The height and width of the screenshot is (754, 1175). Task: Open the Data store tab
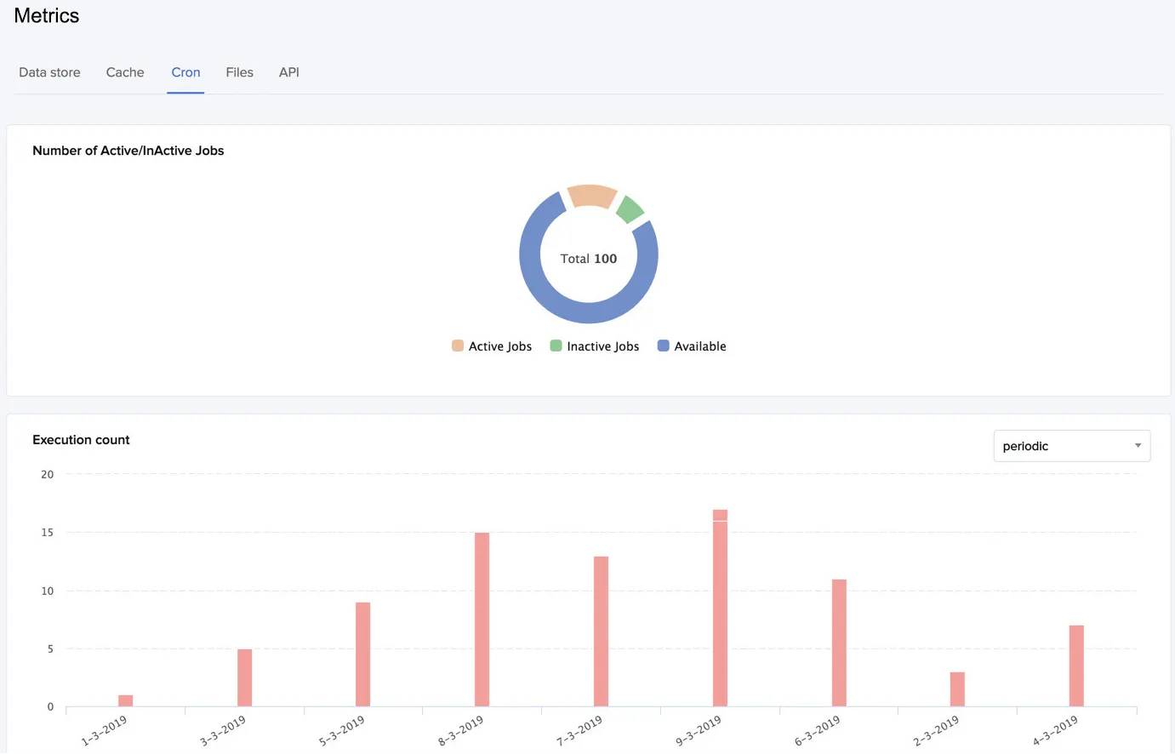pos(49,72)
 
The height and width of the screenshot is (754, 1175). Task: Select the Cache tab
pos(125,72)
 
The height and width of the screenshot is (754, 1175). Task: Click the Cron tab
pos(185,72)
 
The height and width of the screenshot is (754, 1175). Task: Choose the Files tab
pos(240,72)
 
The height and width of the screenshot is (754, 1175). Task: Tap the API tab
pos(289,72)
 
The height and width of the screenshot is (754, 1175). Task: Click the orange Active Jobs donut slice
pos(591,195)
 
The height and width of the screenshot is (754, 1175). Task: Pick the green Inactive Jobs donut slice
pos(630,208)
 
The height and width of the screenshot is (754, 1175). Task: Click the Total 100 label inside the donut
pos(589,259)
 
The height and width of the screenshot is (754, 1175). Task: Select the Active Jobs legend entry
pos(492,346)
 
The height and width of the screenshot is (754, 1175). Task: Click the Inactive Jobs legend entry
pos(595,346)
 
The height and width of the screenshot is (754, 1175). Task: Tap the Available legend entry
pos(692,346)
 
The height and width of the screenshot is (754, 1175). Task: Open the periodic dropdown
pos(1072,446)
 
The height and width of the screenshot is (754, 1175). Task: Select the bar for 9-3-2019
pos(720,608)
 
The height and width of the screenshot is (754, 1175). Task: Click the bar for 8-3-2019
pos(482,620)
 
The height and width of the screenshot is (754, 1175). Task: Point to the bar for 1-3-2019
pos(125,701)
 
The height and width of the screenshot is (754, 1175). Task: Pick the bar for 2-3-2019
pos(957,689)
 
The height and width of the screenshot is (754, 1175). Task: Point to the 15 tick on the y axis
pos(47,533)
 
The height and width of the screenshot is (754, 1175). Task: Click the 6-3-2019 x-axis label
pos(817,731)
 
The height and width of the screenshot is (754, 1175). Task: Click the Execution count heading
pos(81,440)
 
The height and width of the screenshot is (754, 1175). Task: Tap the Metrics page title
pos(46,15)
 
